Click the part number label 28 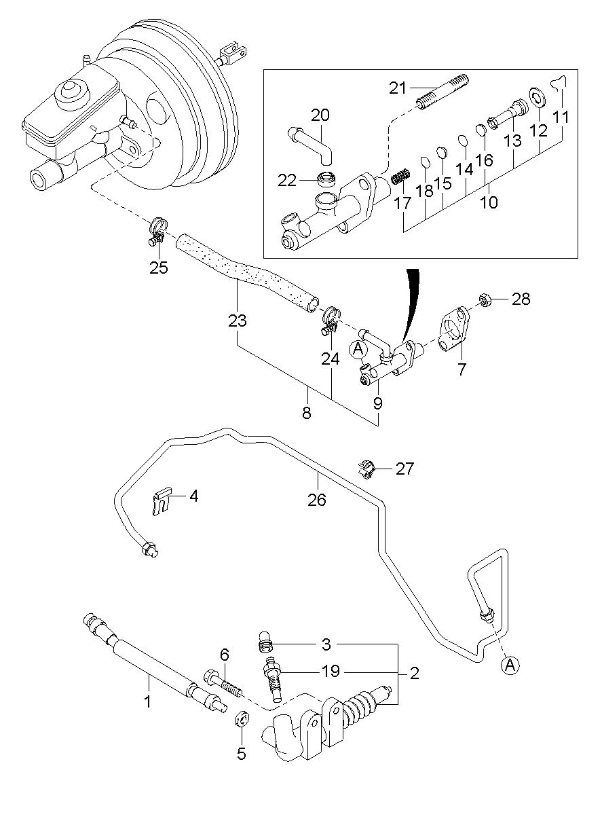521,299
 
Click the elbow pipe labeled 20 312,143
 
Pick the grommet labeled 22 328,180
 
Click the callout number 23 237,320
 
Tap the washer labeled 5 241,719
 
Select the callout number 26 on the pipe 317,500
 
